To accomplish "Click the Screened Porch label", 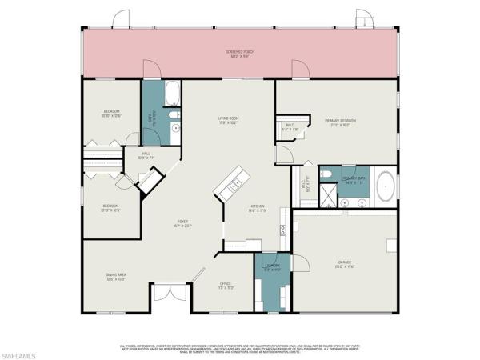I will (240, 54).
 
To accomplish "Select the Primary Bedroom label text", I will (340, 122).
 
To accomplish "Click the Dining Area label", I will (116, 277).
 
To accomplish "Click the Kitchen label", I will (258, 207).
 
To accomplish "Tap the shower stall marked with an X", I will (328, 194).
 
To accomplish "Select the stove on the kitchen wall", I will (282, 233).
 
